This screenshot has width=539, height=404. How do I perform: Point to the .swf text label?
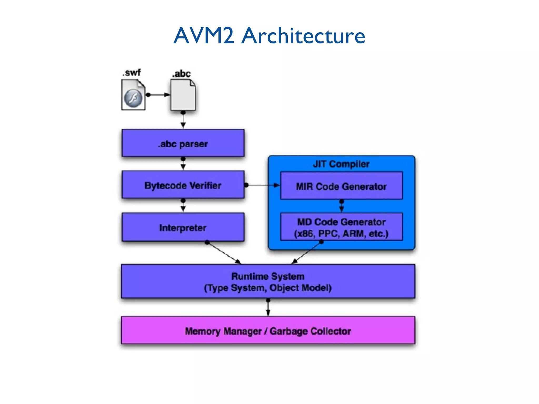point(131,73)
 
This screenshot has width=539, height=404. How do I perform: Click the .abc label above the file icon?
point(181,74)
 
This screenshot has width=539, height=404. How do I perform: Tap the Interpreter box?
point(183,227)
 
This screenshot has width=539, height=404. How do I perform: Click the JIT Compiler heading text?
point(341,164)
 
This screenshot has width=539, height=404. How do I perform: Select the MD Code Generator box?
point(341,227)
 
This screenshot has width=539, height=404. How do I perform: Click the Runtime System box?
point(268,281)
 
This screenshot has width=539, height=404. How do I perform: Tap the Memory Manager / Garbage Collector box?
point(268,330)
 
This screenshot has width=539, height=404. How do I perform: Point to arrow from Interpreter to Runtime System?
point(224,252)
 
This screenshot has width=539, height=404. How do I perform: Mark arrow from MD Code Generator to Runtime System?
point(307,252)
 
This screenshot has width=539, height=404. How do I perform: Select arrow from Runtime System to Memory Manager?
point(268,307)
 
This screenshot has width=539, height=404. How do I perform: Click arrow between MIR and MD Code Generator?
point(341,206)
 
